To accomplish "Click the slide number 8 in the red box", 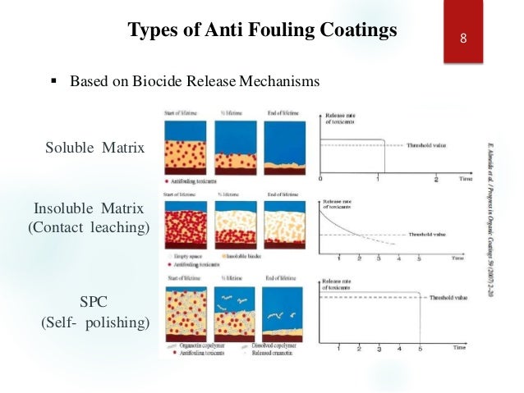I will [463, 39].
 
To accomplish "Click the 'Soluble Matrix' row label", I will [94, 149].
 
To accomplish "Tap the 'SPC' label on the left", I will [94, 302].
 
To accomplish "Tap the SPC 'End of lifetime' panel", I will [284, 313].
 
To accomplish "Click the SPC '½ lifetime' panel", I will [236, 313].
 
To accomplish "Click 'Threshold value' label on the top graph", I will [428, 146].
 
